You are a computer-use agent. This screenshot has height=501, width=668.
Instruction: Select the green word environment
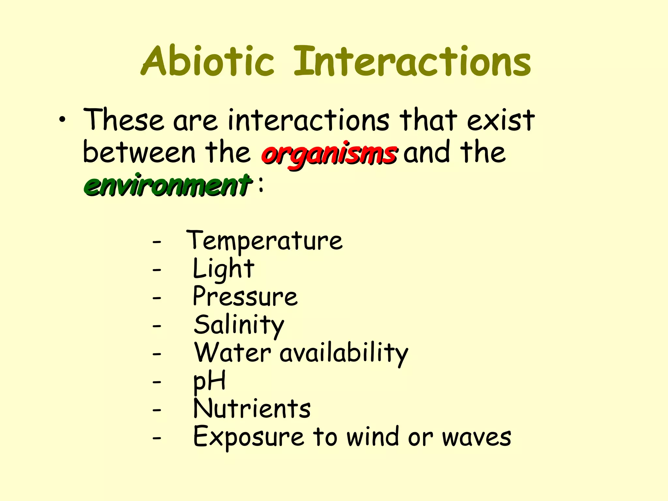click(168, 185)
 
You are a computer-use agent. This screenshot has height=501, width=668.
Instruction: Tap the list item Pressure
click(245, 297)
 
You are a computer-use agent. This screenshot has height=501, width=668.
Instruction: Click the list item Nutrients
click(252, 409)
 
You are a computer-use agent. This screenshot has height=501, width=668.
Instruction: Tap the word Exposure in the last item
click(249, 437)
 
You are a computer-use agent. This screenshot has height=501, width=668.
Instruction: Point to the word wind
click(372, 437)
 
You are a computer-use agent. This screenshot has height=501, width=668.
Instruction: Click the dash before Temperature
click(157, 242)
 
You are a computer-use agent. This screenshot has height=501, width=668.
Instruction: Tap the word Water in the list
click(233, 353)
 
